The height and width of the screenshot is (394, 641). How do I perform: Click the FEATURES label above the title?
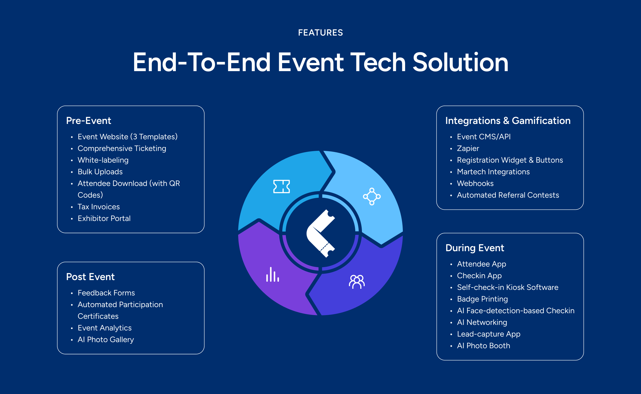(320, 33)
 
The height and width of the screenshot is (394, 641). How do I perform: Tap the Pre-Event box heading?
(88, 121)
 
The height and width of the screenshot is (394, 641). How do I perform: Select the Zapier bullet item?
(468, 148)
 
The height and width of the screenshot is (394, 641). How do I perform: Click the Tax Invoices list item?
(98, 207)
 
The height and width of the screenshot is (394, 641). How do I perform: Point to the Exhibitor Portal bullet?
(104, 218)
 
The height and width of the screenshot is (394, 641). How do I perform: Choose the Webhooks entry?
(475, 183)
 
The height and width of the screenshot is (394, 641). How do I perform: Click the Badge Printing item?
(482, 299)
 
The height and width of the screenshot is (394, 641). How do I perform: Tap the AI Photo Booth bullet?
(484, 346)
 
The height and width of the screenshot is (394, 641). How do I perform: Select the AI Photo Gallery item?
(106, 340)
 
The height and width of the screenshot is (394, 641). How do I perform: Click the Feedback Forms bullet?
(106, 293)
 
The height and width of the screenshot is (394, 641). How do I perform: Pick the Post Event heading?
(90, 277)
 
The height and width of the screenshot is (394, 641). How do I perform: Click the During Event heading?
(475, 248)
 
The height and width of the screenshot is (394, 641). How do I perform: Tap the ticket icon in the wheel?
(282, 186)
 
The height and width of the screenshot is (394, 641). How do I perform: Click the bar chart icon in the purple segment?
(272, 275)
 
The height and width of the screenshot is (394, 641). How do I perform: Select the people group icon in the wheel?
(357, 282)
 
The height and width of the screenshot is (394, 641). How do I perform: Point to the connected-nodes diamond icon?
(372, 197)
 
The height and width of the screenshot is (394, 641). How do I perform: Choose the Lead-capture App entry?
(489, 334)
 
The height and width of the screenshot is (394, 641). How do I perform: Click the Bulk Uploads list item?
(100, 172)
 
